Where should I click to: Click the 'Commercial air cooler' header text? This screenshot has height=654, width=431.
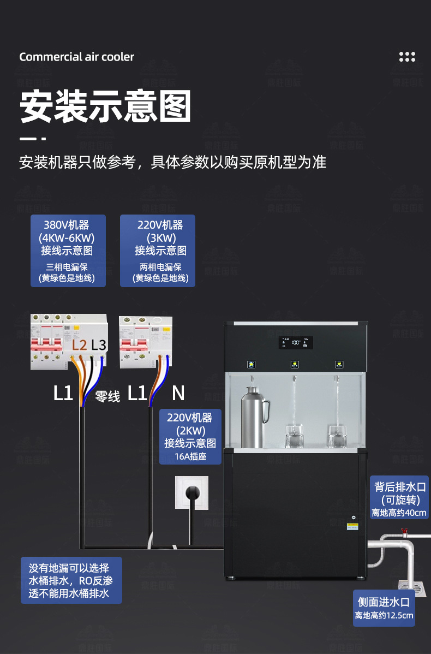pos(76,57)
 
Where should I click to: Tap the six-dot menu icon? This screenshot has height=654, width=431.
pos(407,57)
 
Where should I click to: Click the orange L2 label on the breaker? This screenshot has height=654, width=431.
pos(80,345)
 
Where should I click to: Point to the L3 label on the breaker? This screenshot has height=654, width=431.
pos(99,345)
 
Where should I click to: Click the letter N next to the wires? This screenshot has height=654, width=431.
pos(178,393)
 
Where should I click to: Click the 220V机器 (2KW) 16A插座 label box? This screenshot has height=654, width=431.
pos(190,436)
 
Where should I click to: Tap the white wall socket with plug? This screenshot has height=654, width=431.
pos(191,492)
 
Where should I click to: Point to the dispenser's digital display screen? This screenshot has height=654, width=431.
pos(296,343)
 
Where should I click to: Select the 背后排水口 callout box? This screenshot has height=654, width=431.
pos(399,497)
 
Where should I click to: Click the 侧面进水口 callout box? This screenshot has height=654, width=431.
pos(384,608)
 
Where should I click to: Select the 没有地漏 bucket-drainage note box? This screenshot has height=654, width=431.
pos(71,580)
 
